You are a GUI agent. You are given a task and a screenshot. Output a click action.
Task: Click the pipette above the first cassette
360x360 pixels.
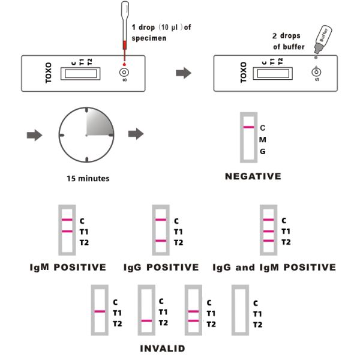(124, 30)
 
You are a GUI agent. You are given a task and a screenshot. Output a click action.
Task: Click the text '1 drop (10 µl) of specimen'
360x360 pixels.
(160, 34)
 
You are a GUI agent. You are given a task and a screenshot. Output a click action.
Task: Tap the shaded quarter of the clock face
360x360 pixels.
(98, 123)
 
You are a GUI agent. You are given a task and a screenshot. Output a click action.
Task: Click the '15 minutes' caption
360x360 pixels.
(88, 178)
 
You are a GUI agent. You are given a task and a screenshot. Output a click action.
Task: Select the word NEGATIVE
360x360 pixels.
(253, 176)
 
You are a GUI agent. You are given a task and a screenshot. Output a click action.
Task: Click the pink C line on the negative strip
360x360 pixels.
(248, 128)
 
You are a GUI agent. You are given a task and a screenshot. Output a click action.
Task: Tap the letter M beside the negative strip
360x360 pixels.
(262, 139)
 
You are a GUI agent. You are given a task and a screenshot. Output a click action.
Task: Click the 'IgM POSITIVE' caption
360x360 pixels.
(68, 267)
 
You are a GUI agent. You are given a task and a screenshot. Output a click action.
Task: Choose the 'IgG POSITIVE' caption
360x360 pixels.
(160, 267)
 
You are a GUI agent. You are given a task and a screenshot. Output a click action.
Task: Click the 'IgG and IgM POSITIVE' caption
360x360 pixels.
(274, 267)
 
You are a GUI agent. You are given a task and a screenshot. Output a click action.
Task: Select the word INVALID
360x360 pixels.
(162, 348)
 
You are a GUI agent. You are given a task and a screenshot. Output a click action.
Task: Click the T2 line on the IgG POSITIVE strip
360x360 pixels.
(160, 241)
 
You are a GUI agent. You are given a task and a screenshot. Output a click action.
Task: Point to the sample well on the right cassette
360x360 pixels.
(316, 73)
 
